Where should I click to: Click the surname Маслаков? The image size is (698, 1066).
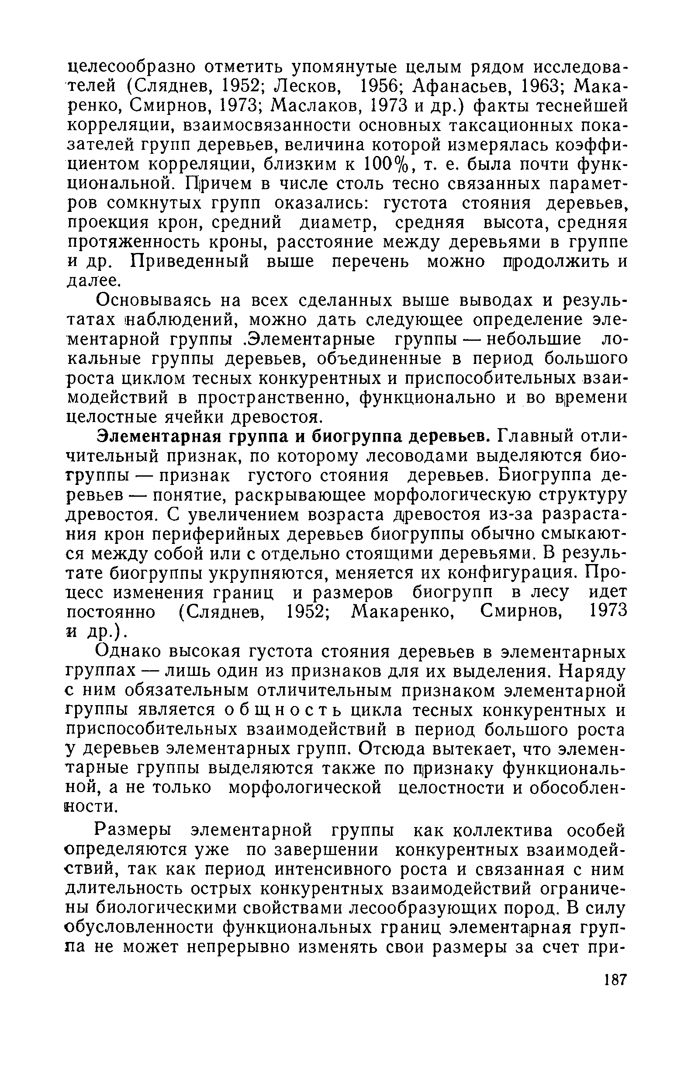(x=314, y=107)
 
